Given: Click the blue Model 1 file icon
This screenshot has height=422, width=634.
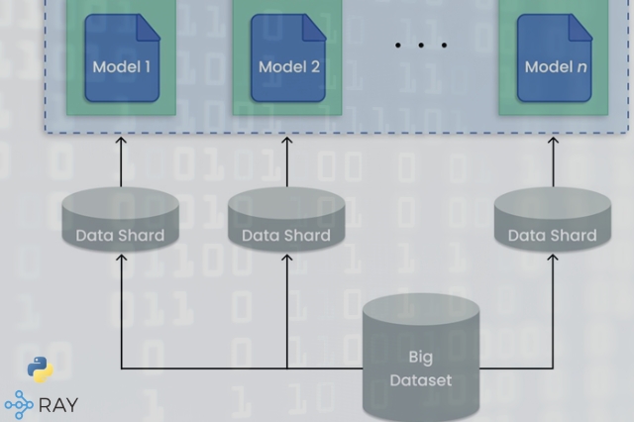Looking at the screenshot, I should pyautogui.click(x=122, y=56).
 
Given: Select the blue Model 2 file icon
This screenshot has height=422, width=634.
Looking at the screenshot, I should pyautogui.click(x=288, y=56).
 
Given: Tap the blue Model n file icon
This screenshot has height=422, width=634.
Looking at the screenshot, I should pyautogui.click(x=554, y=56).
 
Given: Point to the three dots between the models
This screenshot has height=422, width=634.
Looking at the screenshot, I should pyautogui.click(x=421, y=46).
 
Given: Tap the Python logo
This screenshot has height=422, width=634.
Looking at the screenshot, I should pyautogui.click(x=41, y=369).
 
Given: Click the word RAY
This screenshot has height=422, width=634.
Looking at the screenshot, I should pyautogui.click(x=58, y=405).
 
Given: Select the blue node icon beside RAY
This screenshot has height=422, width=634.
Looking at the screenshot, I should pyautogui.click(x=19, y=404).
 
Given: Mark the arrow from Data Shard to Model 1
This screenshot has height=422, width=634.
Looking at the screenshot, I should pyautogui.click(x=122, y=161).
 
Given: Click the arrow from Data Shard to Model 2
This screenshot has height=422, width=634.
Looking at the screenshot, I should pyautogui.click(x=288, y=161).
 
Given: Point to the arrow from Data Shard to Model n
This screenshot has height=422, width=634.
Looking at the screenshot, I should pyautogui.click(x=554, y=161).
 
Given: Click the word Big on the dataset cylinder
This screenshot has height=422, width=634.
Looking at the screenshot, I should pyautogui.click(x=421, y=356).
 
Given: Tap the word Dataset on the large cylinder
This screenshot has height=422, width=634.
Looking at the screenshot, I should pyautogui.click(x=421, y=379).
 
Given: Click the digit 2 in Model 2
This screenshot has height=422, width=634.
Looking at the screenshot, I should pyautogui.click(x=316, y=67).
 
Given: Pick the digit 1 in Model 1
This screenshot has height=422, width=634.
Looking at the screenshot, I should pyautogui.click(x=148, y=67).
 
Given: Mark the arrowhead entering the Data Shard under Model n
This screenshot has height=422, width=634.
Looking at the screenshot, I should pyautogui.click(x=553, y=256).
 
